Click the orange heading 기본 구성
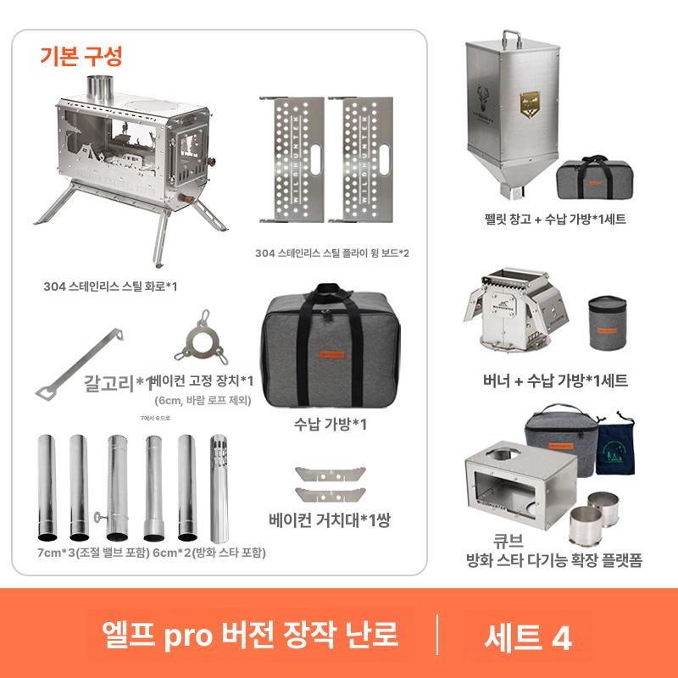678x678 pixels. (81, 57)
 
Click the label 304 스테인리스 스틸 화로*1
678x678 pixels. (111, 286)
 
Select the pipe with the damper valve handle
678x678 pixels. (115, 488)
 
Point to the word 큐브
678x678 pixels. (485, 540)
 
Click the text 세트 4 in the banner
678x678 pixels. (527, 636)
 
